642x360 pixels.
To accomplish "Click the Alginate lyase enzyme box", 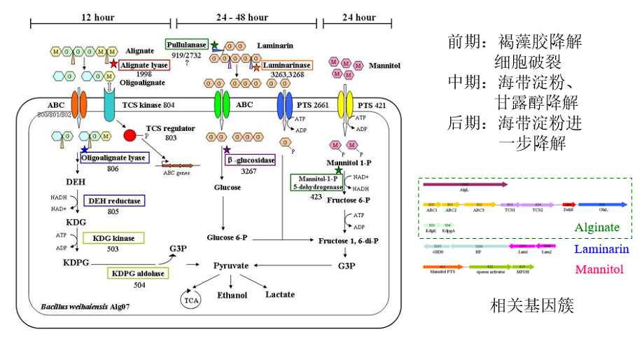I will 144,65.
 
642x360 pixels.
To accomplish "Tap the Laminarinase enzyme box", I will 287,65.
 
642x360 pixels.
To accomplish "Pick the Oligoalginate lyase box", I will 113,158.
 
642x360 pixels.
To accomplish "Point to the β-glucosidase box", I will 249,160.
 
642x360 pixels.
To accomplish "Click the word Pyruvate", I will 231,266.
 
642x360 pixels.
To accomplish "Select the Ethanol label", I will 232,295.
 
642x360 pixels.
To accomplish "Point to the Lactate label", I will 279,294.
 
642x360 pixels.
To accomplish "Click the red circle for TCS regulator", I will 130,134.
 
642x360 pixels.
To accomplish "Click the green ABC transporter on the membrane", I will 222,105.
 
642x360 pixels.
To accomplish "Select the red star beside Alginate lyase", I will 114,64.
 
